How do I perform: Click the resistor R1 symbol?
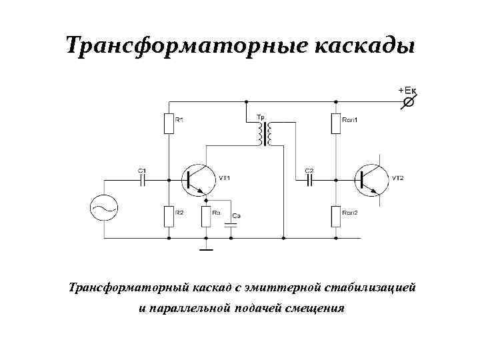pos(169,123)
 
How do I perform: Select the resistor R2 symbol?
pos(169,215)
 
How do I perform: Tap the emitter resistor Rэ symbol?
pos(207,215)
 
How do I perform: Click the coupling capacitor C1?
pos(142,179)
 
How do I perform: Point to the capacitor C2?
pos(309,179)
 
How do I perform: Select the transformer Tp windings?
pos(264,134)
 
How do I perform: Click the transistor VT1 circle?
pos(199,179)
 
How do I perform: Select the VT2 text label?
pos(398,178)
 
